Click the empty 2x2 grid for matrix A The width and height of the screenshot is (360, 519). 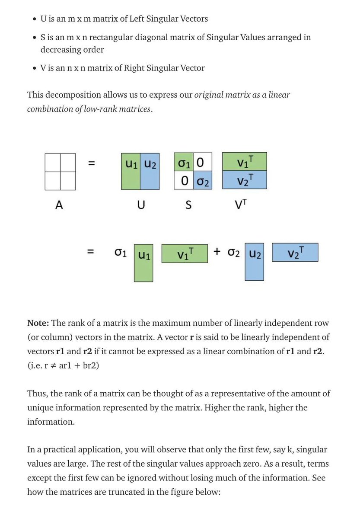click(x=60, y=172)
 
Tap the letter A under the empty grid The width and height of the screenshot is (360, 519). click(x=59, y=205)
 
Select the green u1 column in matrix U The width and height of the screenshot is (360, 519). click(x=131, y=171)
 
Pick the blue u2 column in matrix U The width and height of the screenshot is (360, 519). click(x=150, y=171)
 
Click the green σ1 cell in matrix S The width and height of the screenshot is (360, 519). click(x=183, y=163)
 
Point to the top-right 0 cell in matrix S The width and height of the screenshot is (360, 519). click(x=202, y=163)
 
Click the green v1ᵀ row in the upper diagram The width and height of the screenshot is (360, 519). click(x=245, y=162)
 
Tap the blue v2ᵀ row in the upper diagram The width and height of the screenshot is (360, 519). click(x=245, y=179)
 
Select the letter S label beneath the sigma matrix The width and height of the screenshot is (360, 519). click(x=188, y=206)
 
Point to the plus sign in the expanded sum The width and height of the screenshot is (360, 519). click(x=217, y=251)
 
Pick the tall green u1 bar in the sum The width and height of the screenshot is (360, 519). click(x=143, y=263)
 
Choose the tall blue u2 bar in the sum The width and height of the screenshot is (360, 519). click(x=255, y=263)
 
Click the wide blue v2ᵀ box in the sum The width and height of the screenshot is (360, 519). click(x=295, y=252)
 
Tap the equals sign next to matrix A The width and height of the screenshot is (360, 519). click(x=91, y=164)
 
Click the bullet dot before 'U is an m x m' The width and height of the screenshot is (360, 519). click(x=34, y=20)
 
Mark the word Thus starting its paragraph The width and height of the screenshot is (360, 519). click(x=36, y=394)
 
